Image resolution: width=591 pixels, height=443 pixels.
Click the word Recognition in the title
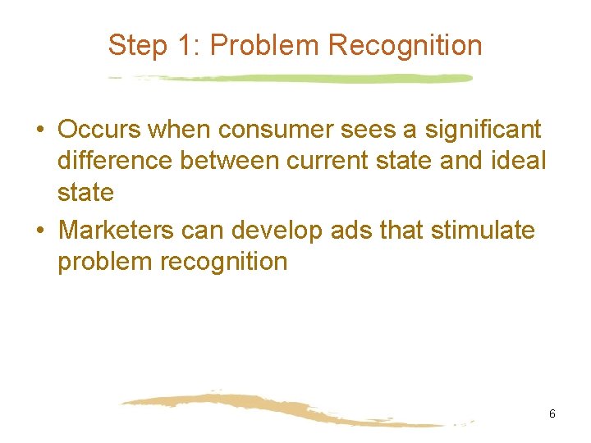pos(405,45)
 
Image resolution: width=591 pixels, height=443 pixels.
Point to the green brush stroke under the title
pos(295,79)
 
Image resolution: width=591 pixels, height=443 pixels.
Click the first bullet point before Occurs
pos(40,130)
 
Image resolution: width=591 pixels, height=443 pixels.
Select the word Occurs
pos(99,130)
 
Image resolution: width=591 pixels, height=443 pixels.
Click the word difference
pos(115,161)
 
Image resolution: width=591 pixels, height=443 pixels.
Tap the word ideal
pos(517,161)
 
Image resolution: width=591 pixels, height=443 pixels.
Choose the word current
pos(305,161)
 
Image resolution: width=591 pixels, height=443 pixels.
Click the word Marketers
pos(116,231)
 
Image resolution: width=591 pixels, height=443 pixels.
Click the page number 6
pos(552,414)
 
